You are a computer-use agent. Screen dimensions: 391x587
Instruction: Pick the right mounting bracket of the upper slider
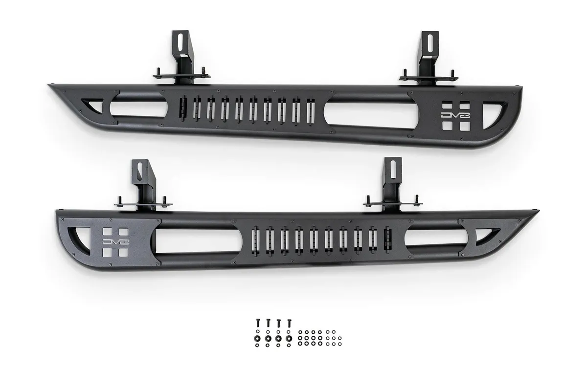tap(429, 59)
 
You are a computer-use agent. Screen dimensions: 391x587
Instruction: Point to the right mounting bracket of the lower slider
tap(390, 183)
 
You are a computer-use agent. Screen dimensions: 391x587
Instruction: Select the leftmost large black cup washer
tap(258, 338)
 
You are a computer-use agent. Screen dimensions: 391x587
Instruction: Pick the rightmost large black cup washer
tap(289, 338)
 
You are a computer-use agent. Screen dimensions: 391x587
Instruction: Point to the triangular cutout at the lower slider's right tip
tap(491, 237)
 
